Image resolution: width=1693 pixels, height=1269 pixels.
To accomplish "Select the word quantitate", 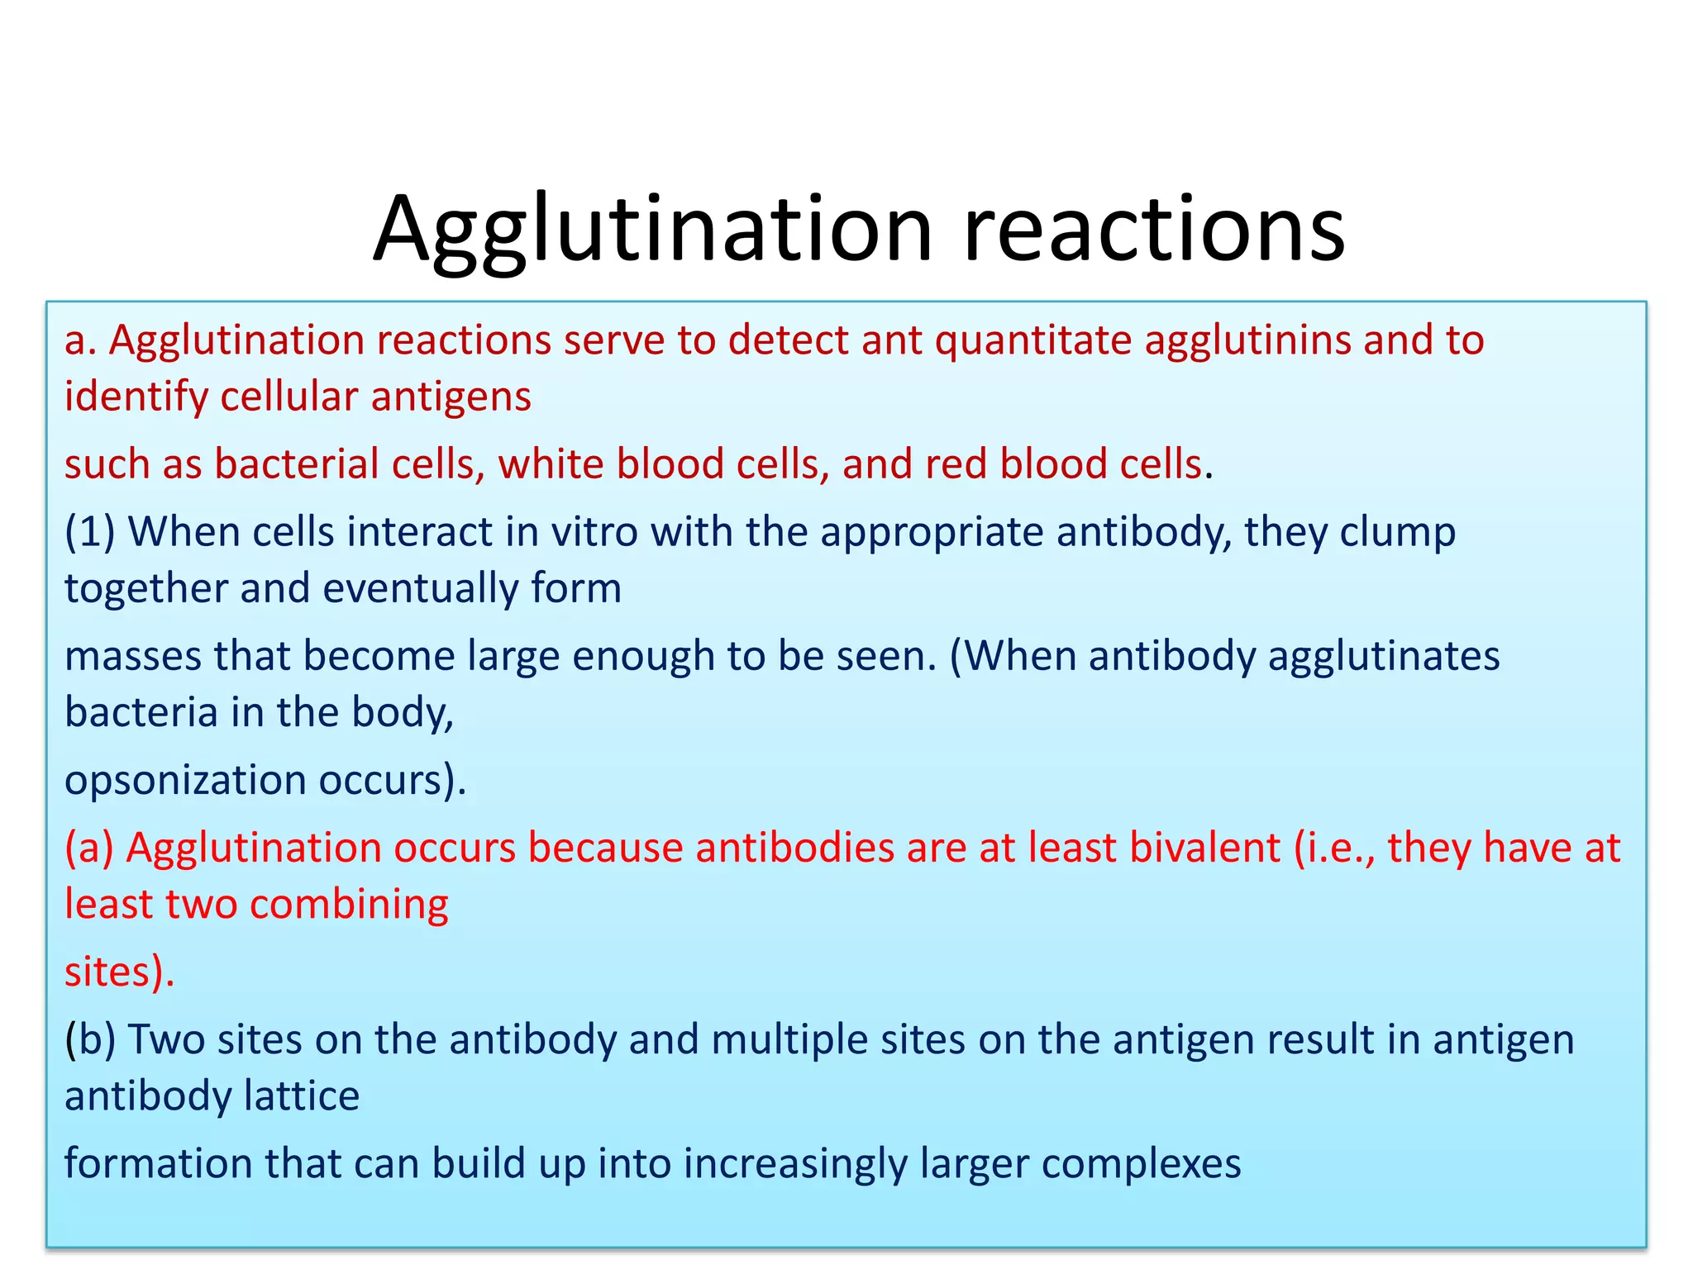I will click(x=1033, y=340).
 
